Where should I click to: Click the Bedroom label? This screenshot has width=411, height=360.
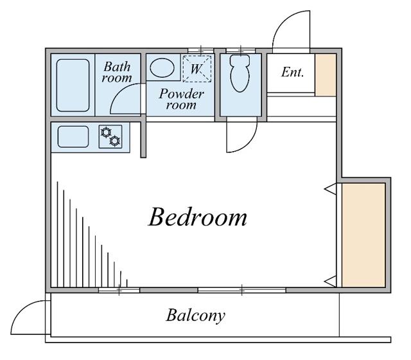197,217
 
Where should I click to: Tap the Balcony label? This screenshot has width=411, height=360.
196,316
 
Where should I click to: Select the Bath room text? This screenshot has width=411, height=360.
117,71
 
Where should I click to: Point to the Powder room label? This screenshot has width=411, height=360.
181,99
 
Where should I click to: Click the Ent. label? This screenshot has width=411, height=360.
292,72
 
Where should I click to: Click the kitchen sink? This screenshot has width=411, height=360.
73,136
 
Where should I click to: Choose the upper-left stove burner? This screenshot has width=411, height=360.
105,132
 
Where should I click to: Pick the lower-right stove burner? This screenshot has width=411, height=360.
115,141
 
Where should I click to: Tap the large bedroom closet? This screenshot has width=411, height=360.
363,235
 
